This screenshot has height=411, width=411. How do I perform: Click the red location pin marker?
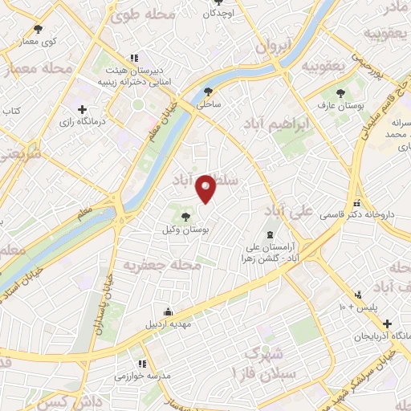click(x=207, y=189)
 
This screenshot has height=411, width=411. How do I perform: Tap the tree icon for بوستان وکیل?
click(x=186, y=216)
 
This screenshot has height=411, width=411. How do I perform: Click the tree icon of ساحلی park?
click(x=210, y=92)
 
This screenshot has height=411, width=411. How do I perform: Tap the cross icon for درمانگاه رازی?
click(x=82, y=108)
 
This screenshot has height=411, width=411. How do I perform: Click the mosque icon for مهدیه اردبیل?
click(x=168, y=312)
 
